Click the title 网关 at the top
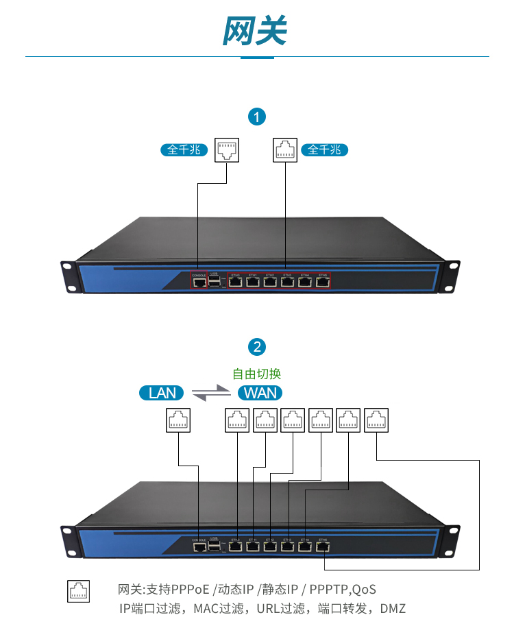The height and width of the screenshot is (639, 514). coord(256,31)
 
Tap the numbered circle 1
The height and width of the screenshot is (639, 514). coord(257,117)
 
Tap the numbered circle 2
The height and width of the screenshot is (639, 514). coord(257,346)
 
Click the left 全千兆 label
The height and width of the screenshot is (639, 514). coord(184,149)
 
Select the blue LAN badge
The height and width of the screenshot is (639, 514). coord(162,393)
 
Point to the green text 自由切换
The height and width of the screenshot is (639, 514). coord(257,374)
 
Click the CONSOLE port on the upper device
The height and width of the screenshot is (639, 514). coord(199,282)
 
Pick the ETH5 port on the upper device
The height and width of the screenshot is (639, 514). coord(323,280)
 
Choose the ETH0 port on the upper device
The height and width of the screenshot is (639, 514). coord(236,280)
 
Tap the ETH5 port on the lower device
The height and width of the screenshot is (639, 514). coord(323,547)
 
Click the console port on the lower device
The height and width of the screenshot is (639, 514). coord(199,547)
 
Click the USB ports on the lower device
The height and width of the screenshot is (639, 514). coord(215,547)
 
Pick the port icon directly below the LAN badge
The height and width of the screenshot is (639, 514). coord(178,420)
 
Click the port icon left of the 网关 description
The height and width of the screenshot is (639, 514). coord(79,590)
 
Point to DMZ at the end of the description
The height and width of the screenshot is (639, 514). coord(393,608)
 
